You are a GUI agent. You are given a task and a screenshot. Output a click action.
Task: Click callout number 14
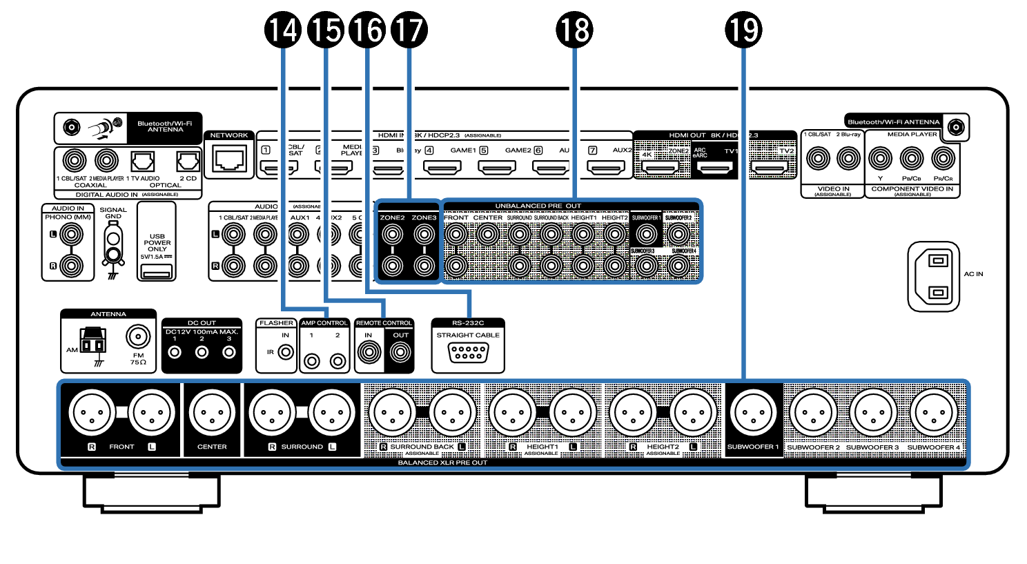click(x=284, y=30)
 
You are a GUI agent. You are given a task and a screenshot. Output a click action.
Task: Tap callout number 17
click(x=409, y=30)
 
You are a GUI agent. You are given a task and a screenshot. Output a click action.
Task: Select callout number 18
click(x=574, y=30)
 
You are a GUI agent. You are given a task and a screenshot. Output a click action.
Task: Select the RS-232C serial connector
click(x=468, y=353)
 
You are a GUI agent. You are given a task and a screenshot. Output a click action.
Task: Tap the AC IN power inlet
click(x=935, y=276)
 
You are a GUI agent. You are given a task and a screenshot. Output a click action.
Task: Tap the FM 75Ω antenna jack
click(x=138, y=338)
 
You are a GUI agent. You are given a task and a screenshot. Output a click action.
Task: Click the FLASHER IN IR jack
click(x=285, y=353)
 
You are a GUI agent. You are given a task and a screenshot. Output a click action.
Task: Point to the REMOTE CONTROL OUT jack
click(x=400, y=353)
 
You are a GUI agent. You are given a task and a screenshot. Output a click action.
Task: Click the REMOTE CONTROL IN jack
click(x=369, y=353)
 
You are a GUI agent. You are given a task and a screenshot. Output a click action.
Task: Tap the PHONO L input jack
click(x=70, y=235)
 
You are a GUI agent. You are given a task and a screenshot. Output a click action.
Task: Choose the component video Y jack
click(x=880, y=159)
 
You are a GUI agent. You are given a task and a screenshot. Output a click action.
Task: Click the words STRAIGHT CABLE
click(x=468, y=335)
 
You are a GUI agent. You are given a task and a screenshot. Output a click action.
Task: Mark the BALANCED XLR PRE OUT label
click(x=442, y=463)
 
